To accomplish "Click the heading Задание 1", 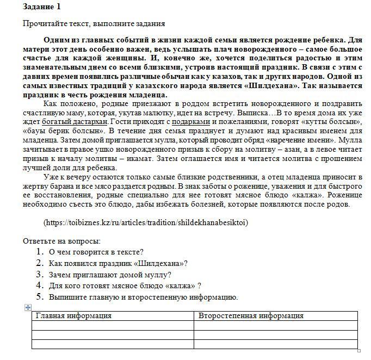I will [x=42, y=7].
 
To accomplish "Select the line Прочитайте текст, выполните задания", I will [x=94, y=23].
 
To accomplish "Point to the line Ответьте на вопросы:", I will [x=61, y=241].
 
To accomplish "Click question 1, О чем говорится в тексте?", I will [x=96, y=252].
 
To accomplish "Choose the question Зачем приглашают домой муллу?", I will [x=110, y=275].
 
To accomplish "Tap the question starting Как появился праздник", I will [x=118, y=263].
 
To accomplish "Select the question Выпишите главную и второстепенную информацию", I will [x=143, y=297].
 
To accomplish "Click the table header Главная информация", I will [x=73, y=315].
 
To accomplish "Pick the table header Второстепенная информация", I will [x=251, y=315].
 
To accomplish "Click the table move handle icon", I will [x=28, y=307].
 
